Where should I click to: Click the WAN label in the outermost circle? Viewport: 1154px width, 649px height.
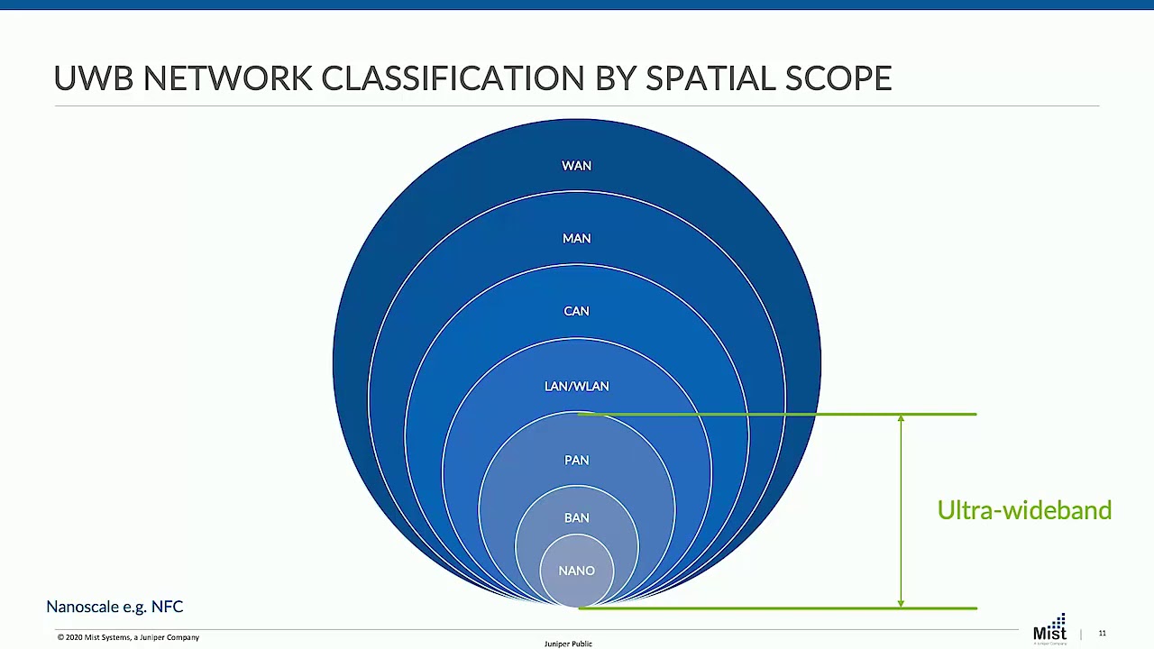pyautogui.click(x=576, y=166)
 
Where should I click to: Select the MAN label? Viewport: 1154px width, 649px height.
pyautogui.click(x=576, y=239)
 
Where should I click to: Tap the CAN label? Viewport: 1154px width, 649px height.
pyautogui.click(x=576, y=311)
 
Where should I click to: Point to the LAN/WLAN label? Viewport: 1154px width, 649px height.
pyautogui.click(x=576, y=386)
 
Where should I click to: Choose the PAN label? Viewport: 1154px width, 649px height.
pyautogui.click(x=576, y=460)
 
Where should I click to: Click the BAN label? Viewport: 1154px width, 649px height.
pyautogui.click(x=576, y=517)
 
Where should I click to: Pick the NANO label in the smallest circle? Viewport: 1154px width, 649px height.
pyautogui.click(x=576, y=571)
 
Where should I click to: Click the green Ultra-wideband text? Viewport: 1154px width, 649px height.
pyautogui.click(x=1024, y=510)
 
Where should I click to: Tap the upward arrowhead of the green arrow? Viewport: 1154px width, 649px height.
pyautogui.click(x=901, y=419)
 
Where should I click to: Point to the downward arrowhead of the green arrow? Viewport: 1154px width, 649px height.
pyautogui.click(x=901, y=602)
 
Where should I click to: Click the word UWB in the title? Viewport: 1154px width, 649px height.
pyautogui.click(x=93, y=78)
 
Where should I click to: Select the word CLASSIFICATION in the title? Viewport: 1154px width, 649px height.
pyautogui.click(x=453, y=78)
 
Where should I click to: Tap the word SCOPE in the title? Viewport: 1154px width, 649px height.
pyautogui.click(x=838, y=78)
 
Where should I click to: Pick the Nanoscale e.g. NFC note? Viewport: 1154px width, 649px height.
pyautogui.click(x=114, y=607)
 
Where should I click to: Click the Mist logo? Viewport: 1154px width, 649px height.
pyautogui.click(x=1049, y=629)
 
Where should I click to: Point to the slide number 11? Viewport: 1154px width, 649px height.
pyautogui.click(x=1102, y=634)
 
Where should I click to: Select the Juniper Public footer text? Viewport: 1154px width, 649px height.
pyautogui.click(x=568, y=644)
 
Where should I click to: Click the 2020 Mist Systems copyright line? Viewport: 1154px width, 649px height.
pyautogui.click(x=128, y=637)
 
